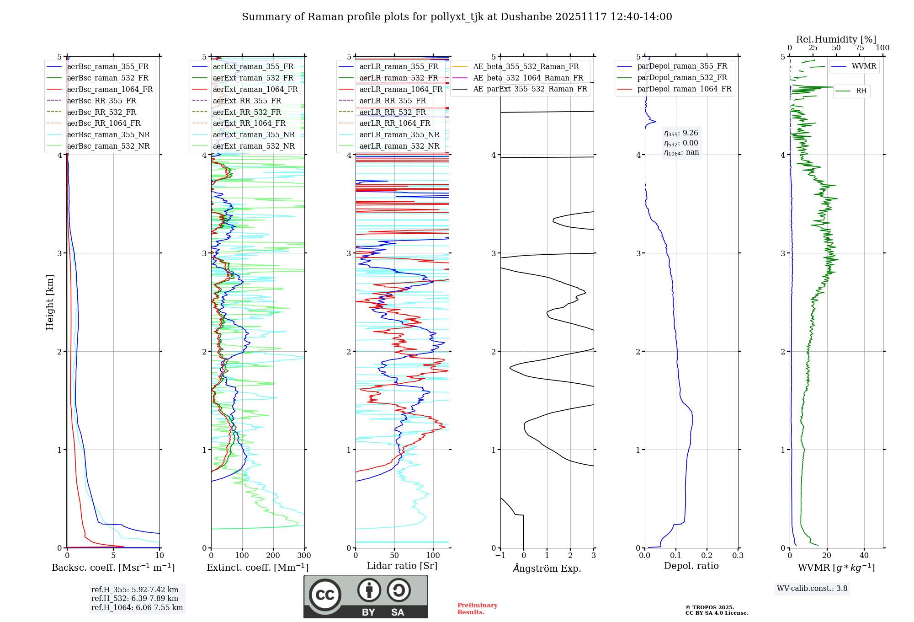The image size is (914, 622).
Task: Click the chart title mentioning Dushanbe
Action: [457, 17]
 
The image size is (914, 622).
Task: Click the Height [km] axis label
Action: [50, 302]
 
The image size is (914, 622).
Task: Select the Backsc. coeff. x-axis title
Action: [113, 568]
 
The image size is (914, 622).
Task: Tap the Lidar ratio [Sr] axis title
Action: [402, 566]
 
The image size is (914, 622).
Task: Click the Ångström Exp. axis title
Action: [547, 568]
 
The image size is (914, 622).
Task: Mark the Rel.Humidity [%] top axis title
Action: [836, 39]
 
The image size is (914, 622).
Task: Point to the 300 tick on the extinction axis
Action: [304, 556]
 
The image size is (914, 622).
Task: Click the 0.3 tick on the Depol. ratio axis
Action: [738, 556]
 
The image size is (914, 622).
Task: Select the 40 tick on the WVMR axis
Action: [864, 556]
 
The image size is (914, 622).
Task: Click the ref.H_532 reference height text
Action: [135, 598]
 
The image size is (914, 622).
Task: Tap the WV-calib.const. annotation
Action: [812, 588]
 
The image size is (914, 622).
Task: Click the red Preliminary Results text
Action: [477, 609]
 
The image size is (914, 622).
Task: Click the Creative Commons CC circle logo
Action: [325, 595]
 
